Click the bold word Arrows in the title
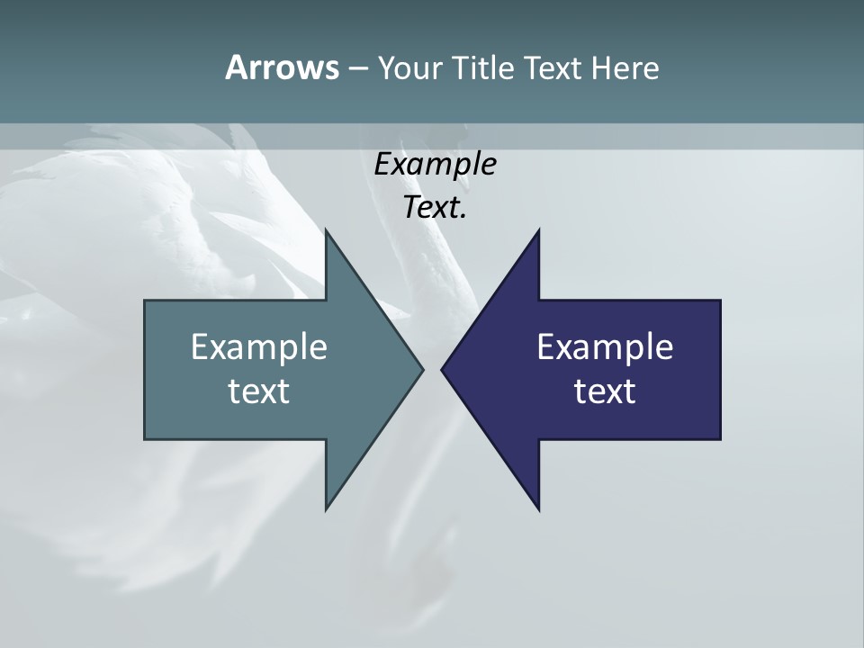click(x=281, y=67)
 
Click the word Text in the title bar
click(x=553, y=67)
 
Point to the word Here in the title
click(x=625, y=67)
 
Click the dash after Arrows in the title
click(x=357, y=68)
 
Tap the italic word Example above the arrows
click(x=435, y=164)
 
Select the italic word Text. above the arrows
click(x=435, y=207)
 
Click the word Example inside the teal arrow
click(x=259, y=346)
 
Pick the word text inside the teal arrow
click(x=259, y=391)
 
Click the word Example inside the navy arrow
click(x=605, y=346)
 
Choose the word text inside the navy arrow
click(x=605, y=391)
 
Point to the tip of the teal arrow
click(x=421, y=369)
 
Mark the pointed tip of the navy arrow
click(x=444, y=369)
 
